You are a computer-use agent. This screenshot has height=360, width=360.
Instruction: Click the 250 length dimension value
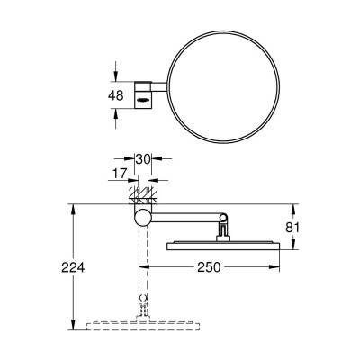[x=210, y=268]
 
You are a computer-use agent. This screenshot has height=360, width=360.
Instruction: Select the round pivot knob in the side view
[x=141, y=219]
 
